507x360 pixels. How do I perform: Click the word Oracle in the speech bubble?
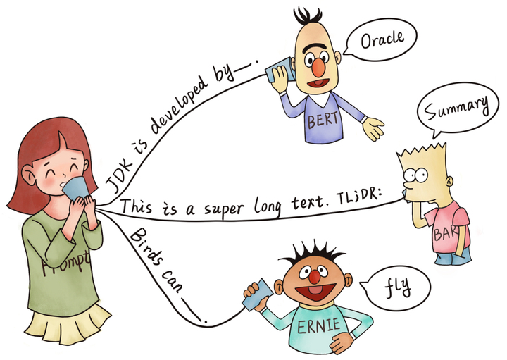382,39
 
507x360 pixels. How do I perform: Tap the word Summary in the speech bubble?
456,108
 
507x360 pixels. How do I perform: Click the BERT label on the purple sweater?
323,120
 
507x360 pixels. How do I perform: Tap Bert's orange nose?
319,67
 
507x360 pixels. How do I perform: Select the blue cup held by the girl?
76,189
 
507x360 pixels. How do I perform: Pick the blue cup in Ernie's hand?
258,295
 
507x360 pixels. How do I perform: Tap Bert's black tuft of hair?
307,15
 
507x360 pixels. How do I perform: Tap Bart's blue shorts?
453,256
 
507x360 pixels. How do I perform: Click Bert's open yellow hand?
373,128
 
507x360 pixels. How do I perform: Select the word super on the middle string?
223,208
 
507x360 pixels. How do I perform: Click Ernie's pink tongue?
315,290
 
